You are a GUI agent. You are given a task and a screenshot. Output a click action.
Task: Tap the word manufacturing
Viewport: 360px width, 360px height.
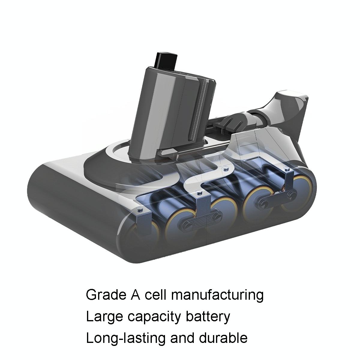217,295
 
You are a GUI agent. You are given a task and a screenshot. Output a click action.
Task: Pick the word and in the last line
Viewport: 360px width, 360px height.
184,338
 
